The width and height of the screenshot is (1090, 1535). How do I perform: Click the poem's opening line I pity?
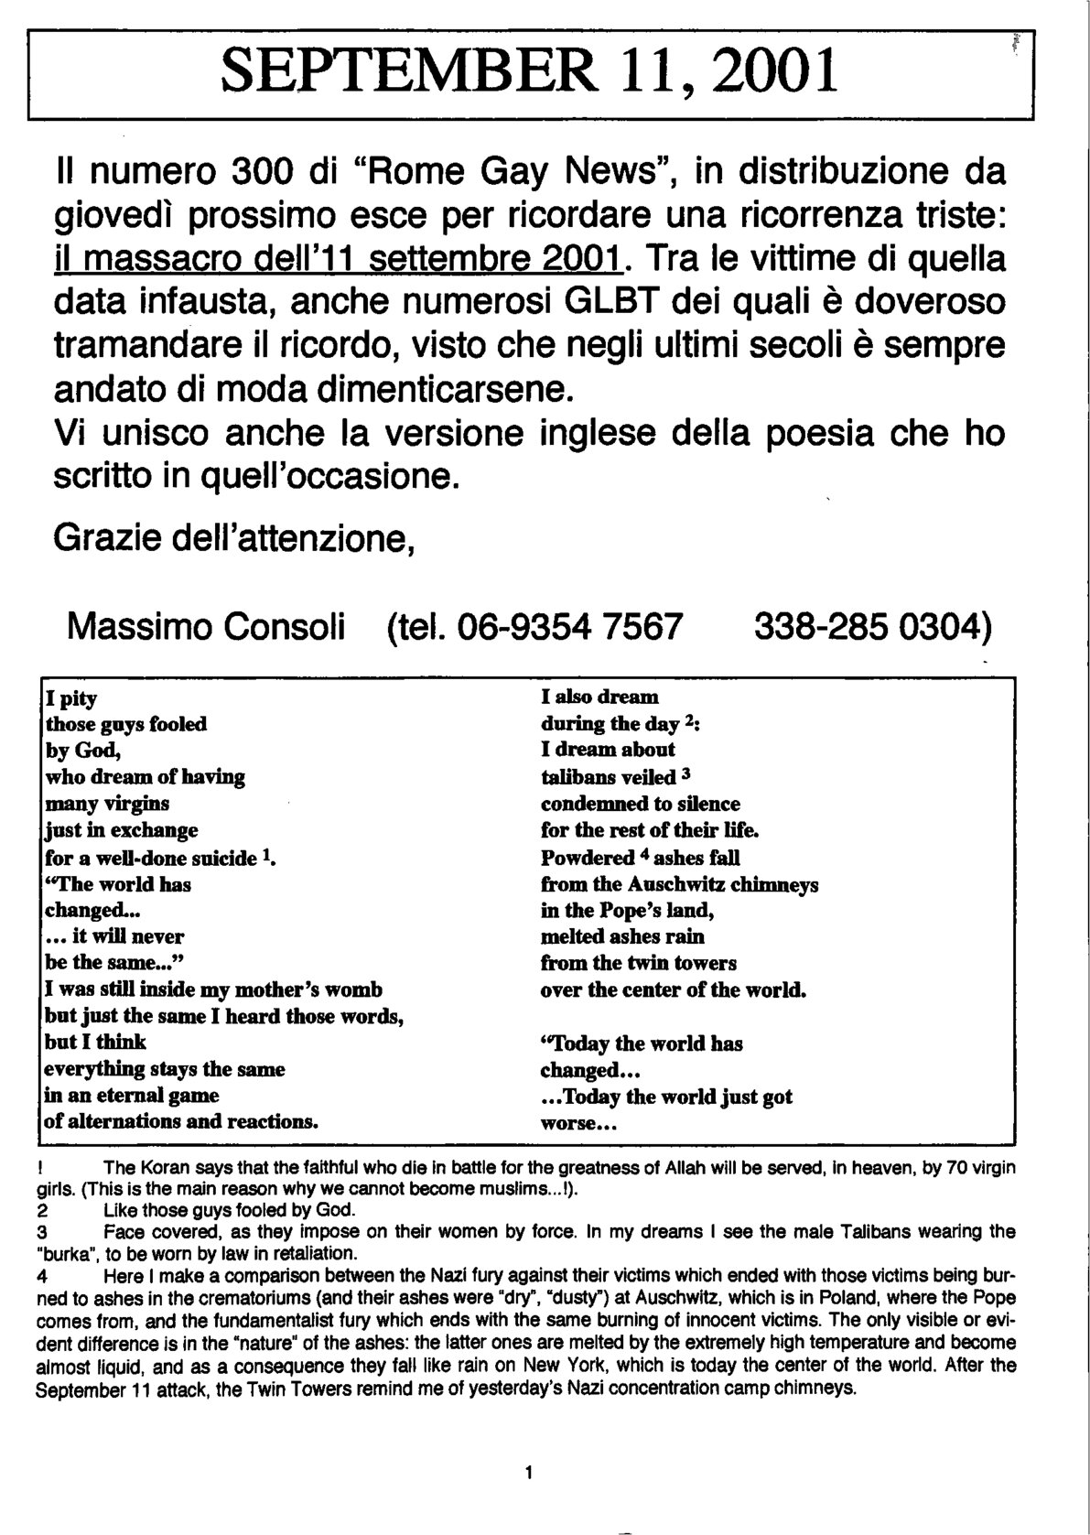coord(72,698)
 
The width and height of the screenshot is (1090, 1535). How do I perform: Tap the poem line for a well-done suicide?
coord(159,858)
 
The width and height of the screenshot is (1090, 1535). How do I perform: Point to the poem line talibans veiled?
coord(608,778)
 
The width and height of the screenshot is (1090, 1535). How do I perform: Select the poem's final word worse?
coord(567,1123)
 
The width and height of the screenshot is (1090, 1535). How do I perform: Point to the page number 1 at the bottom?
coord(530,1472)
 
